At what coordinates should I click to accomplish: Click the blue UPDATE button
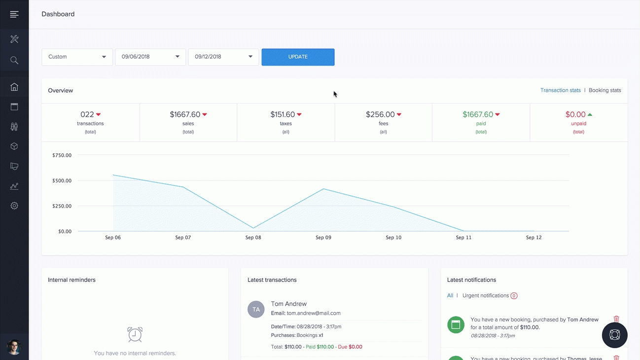pos(298,57)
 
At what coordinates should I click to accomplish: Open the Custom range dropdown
pos(77,57)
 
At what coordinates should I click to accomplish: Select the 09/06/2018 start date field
pos(150,57)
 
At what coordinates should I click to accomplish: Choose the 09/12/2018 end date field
pos(223,57)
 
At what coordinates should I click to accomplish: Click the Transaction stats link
pos(561,90)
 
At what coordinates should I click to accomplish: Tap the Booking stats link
pos(605,90)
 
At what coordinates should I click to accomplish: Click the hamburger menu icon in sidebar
pos(14,14)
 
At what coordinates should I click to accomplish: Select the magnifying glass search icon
pos(14,60)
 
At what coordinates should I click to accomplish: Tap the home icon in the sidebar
pos(14,87)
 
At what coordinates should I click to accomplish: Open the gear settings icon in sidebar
pos(14,206)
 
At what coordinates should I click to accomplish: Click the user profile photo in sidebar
pos(14,347)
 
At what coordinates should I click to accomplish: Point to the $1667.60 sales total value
pos(185,114)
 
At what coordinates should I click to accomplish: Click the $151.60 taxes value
pos(283,114)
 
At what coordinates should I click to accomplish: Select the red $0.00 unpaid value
pos(575,114)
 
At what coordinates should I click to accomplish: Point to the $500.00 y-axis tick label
pos(62,180)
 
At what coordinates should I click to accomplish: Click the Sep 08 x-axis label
pos(253,237)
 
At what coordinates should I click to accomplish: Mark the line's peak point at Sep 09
pos(323,189)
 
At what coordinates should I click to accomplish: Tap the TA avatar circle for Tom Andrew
pos(256,309)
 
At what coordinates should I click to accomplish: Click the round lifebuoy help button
pos(614,335)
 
